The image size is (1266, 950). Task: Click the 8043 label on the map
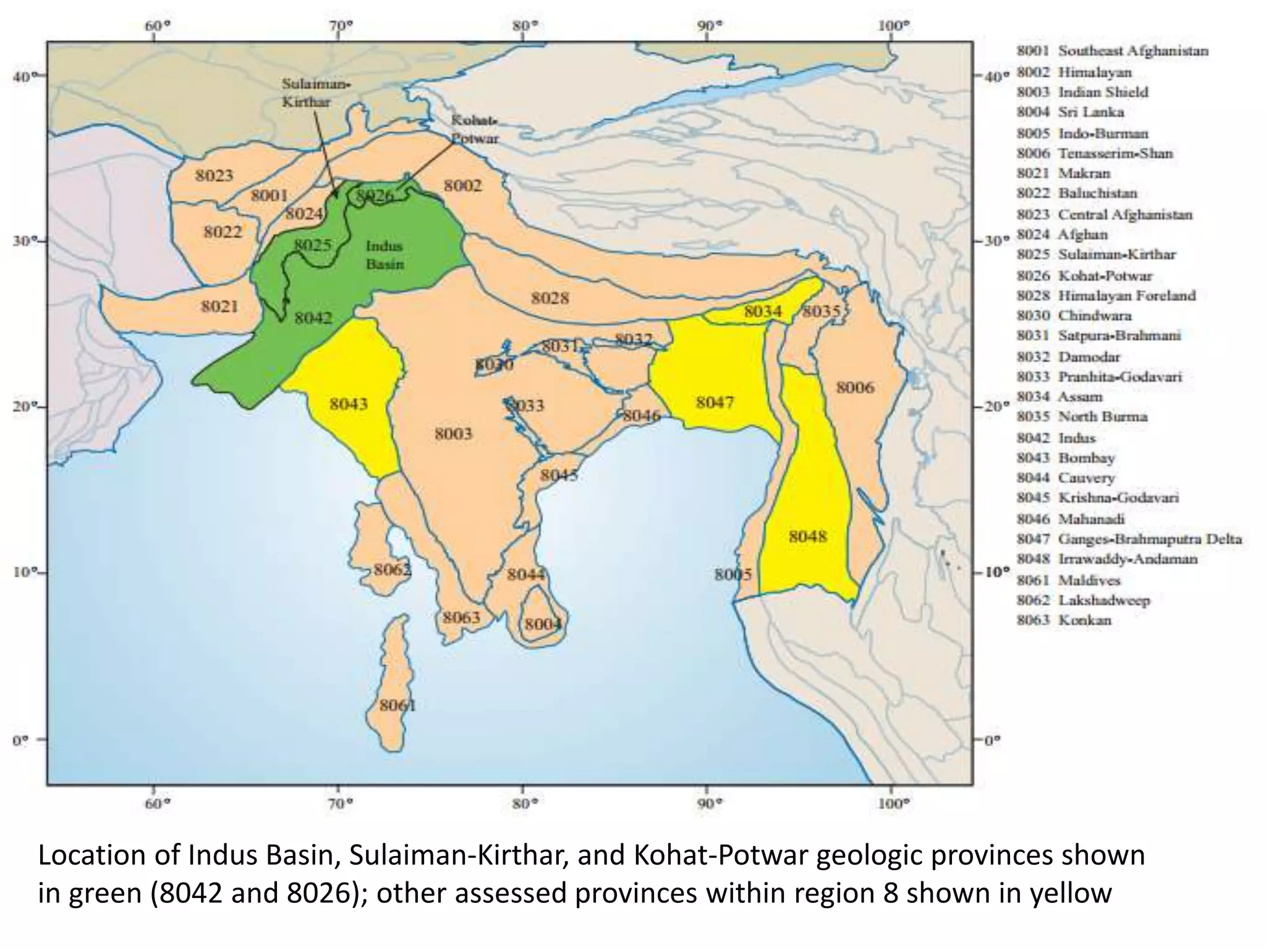[348, 404]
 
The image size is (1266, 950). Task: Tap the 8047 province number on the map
[715, 403]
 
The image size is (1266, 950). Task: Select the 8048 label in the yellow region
[807, 536]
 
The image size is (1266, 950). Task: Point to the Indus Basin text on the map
[384, 255]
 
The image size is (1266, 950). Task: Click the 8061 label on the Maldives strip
[397, 705]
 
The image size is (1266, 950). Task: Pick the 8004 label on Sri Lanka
[543, 624]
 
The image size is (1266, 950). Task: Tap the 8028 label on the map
[550, 299]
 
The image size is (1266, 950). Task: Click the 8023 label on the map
[215, 176]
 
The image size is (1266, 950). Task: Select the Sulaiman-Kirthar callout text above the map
[315, 93]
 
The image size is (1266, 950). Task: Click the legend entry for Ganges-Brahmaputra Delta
[1129, 539]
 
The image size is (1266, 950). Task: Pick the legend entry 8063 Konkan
[1064, 620]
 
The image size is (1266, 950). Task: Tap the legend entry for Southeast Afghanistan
[1112, 51]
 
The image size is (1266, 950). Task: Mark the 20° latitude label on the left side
[22, 406]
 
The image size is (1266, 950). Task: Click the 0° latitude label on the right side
[992, 740]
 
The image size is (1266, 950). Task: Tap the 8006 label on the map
[855, 387]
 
